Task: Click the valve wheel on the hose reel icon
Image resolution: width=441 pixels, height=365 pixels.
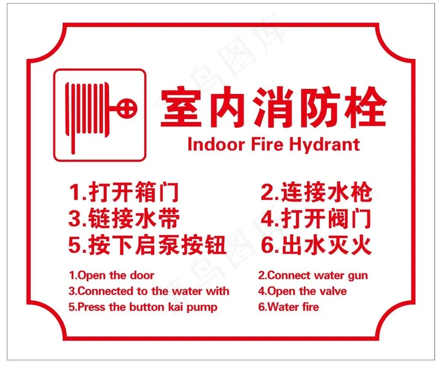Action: tap(127, 108)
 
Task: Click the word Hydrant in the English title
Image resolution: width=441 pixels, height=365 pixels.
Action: tap(325, 145)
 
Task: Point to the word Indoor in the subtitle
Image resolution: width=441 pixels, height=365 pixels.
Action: tap(216, 144)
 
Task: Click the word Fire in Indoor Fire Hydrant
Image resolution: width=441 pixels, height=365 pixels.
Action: tap(267, 144)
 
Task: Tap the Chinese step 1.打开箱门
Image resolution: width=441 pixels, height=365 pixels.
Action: tap(123, 192)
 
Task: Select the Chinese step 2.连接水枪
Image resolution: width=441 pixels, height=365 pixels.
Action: tap(316, 192)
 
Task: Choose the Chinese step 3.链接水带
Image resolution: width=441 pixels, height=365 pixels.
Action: tap(124, 218)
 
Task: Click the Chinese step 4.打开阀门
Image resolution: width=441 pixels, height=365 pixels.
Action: tap(316, 218)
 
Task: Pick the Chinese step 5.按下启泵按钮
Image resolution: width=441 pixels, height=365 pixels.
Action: tap(147, 245)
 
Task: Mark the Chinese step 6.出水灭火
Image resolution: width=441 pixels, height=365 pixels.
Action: tap(316, 245)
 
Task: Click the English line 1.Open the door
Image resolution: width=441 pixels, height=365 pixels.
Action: tap(112, 275)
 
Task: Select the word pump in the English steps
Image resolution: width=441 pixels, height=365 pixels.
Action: tap(202, 308)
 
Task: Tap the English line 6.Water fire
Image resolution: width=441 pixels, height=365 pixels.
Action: tap(288, 306)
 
